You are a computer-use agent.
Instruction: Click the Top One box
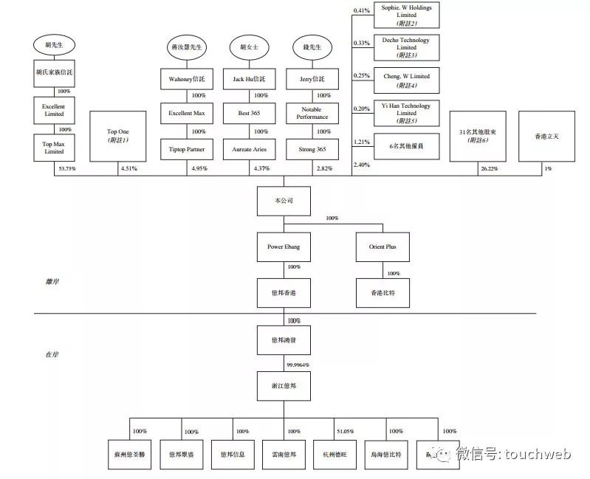[x=118, y=136]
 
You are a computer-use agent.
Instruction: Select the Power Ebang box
[x=284, y=246]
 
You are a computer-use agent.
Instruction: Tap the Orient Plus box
[x=382, y=246]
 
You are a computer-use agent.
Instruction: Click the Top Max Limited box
[x=53, y=148]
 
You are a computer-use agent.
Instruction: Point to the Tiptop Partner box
[x=185, y=148]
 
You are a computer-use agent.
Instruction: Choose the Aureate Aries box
[x=250, y=148]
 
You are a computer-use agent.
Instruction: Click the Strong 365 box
[x=311, y=148]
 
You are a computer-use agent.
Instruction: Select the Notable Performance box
[x=311, y=113]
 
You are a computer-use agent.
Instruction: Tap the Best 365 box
[x=250, y=113]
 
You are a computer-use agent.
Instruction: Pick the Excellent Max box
[x=185, y=113]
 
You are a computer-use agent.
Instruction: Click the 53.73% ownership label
[x=66, y=169]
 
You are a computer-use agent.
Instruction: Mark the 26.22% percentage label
[x=489, y=169]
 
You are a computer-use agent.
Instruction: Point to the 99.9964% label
[x=298, y=365]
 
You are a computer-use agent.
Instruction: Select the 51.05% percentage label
[x=343, y=432]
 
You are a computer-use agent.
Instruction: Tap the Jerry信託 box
[x=311, y=78]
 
